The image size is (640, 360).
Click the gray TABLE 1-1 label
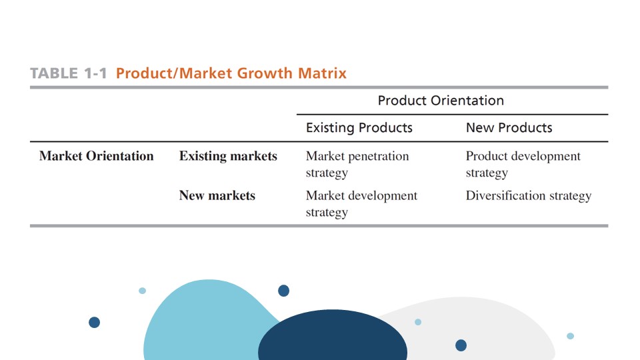coord(68,73)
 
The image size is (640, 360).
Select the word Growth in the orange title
coord(265,73)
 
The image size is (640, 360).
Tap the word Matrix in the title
coord(322,73)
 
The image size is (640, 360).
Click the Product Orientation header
coord(441,101)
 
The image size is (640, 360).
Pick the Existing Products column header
coord(359,128)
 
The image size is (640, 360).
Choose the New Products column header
coord(509,128)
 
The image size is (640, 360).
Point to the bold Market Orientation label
coord(96,156)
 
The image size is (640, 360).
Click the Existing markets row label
coord(228,156)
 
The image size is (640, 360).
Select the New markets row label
coord(217,195)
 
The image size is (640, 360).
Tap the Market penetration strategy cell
coord(357,164)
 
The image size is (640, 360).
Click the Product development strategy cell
coord(523,164)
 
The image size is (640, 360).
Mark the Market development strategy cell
coord(361,204)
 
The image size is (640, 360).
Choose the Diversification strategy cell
coord(529,196)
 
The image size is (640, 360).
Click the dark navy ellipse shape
coord(333,335)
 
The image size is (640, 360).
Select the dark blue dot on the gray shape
coord(461,345)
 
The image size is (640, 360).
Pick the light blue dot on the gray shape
coord(418,322)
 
